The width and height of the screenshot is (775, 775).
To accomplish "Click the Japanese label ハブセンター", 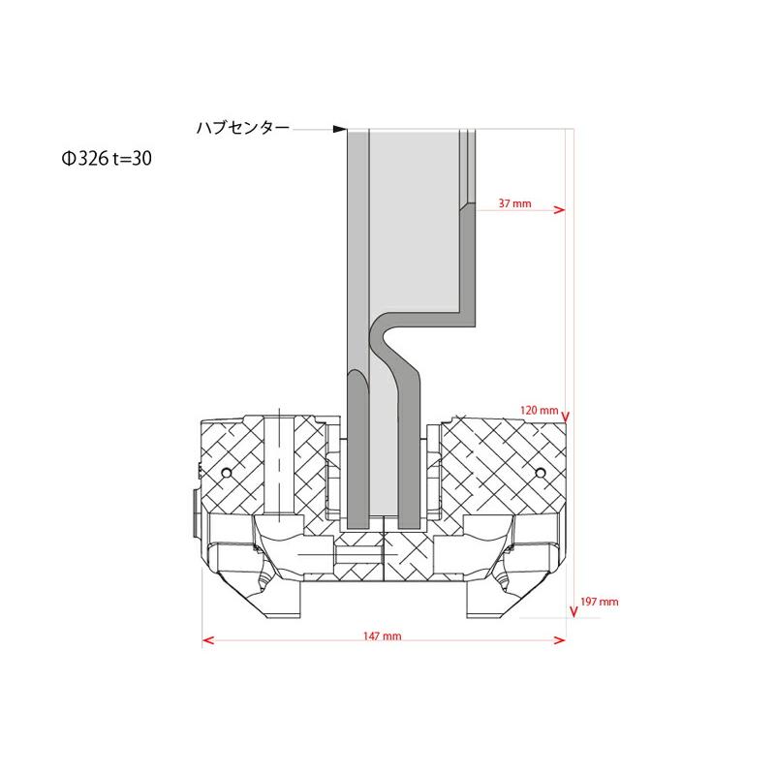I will [x=242, y=128].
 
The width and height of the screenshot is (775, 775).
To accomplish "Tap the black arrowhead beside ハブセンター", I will [x=339, y=128].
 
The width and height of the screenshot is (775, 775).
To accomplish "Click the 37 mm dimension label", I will [x=514, y=204].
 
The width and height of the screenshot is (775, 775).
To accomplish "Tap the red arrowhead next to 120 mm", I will [x=568, y=419].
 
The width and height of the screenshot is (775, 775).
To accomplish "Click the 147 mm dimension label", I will [x=383, y=636].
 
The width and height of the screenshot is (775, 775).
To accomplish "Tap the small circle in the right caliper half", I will [x=541, y=472].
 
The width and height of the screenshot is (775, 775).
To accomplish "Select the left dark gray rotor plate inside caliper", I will [x=356, y=446].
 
